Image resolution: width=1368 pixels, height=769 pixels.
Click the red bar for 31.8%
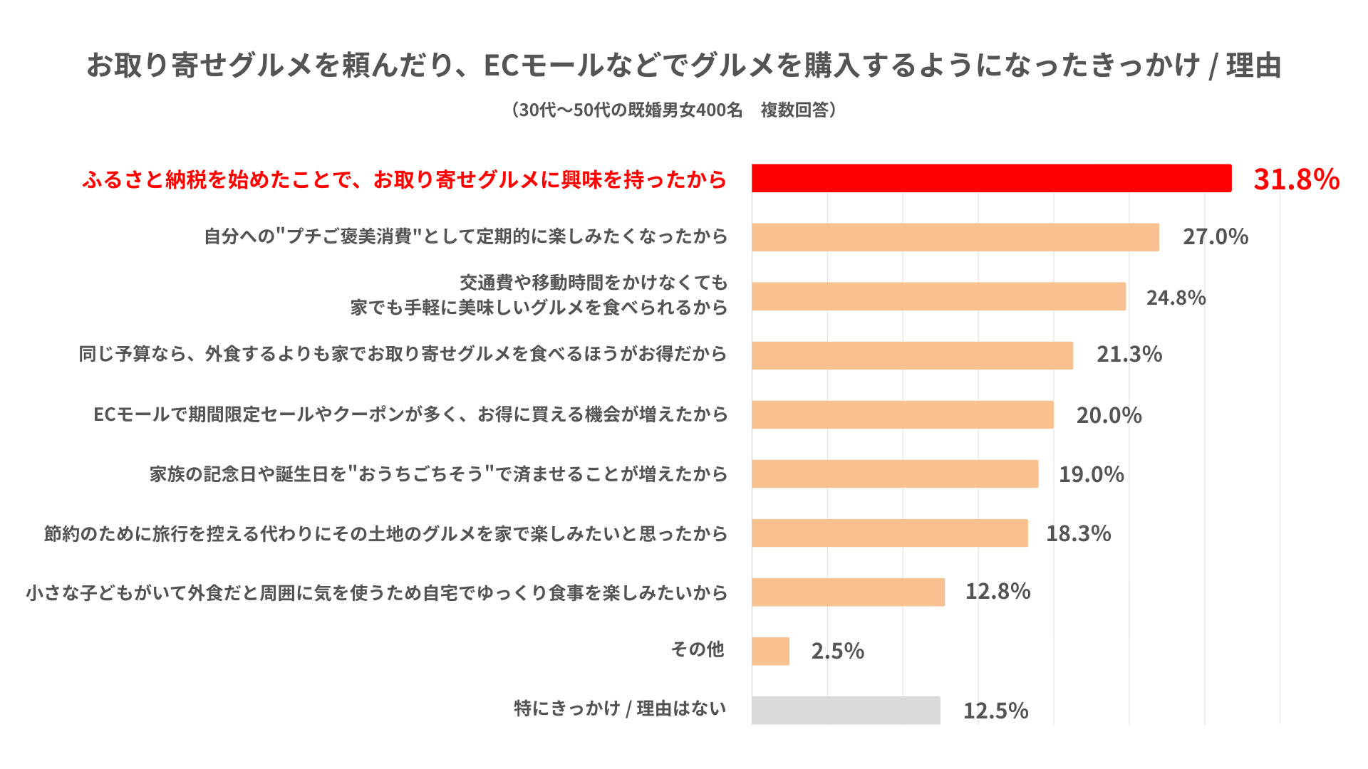(x=991, y=178)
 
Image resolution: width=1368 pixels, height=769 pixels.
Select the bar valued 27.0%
(x=955, y=237)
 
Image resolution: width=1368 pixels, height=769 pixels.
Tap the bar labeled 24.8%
(x=938, y=296)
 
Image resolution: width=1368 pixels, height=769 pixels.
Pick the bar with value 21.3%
(x=912, y=355)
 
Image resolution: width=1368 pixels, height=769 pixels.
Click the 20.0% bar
(x=902, y=414)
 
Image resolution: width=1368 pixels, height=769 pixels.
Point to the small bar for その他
(x=770, y=651)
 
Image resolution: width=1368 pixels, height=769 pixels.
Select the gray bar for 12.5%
(x=846, y=710)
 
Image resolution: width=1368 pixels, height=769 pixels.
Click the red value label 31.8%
(x=1296, y=179)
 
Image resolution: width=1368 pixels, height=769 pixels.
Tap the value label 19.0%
(x=1091, y=474)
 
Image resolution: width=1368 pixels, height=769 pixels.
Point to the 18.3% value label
(x=1078, y=533)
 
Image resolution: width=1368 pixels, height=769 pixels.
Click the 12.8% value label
(x=997, y=592)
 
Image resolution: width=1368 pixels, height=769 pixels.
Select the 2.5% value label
(x=837, y=651)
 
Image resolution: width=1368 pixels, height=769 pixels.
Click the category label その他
(x=697, y=649)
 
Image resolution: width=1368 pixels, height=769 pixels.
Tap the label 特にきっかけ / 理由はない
(x=620, y=708)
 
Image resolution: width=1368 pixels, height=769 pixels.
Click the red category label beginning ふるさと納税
(x=404, y=179)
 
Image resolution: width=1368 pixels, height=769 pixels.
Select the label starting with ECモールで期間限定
(x=410, y=414)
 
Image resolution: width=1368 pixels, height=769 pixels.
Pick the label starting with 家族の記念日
(x=438, y=474)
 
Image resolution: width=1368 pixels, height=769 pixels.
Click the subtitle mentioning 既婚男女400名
(x=673, y=110)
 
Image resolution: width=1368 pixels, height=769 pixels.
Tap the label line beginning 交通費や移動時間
(x=593, y=283)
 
